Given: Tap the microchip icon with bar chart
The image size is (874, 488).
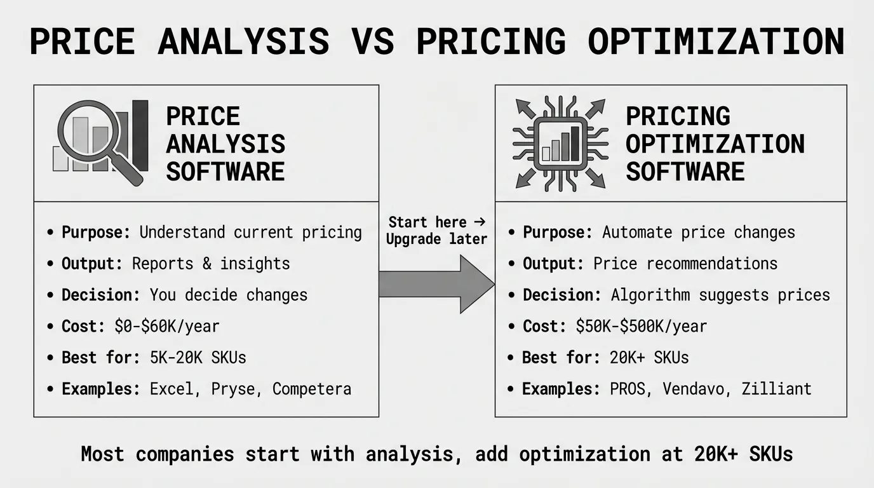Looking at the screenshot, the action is click(560, 143).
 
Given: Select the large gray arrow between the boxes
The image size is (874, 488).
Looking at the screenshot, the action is click(436, 284).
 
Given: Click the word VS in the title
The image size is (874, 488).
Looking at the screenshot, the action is click(373, 41).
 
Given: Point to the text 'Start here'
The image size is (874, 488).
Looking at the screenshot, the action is click(427, 222).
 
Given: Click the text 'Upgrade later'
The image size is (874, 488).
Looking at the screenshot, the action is click(436, 239).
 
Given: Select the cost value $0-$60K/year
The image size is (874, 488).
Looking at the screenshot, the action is click(167, 327).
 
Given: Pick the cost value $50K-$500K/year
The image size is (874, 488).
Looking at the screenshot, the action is click(641, 327).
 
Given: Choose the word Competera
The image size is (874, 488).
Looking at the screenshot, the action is click(312, 390).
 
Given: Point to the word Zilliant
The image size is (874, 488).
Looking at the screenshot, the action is click(776, 388).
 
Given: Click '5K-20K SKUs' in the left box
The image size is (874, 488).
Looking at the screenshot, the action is click(198, 358).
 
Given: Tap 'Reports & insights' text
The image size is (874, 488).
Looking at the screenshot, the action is click(211, 264).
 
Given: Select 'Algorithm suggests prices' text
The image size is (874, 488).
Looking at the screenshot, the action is click(720, 295).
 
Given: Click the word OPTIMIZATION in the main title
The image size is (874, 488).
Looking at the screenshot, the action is click(716, 41).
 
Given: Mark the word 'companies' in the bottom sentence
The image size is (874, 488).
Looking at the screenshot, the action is click(185, 454).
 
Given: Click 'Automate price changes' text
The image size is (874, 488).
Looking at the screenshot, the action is click(699, 233).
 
